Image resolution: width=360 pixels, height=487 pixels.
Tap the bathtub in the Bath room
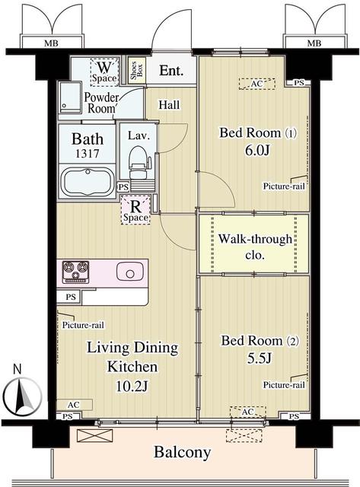(88, 182)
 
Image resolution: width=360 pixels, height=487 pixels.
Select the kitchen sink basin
(130, 272)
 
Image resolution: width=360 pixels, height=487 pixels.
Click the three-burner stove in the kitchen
(76, 272)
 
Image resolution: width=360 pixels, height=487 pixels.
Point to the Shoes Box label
(136, 70)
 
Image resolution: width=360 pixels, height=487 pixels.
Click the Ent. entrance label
(171, 71)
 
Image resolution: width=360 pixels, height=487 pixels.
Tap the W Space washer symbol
(104, 72)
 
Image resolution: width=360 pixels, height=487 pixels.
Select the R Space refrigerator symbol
(135, 210)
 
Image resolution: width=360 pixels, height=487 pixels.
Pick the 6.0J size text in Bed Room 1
(257, 151)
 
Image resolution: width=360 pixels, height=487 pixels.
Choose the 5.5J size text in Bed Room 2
(260, 358)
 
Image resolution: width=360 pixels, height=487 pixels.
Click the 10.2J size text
(132, 386)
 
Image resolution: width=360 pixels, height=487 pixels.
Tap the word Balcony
(183, 452)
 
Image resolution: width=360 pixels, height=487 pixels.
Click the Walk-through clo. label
(255, 247)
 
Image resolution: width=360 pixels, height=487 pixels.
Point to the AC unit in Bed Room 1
(257, 84)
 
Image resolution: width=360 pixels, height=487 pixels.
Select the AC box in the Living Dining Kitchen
(75, 405)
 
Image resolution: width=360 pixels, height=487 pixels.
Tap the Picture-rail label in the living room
(83, 325)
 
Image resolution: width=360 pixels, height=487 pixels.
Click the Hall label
(169, 105)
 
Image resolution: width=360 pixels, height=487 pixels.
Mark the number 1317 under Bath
(88, 154)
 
